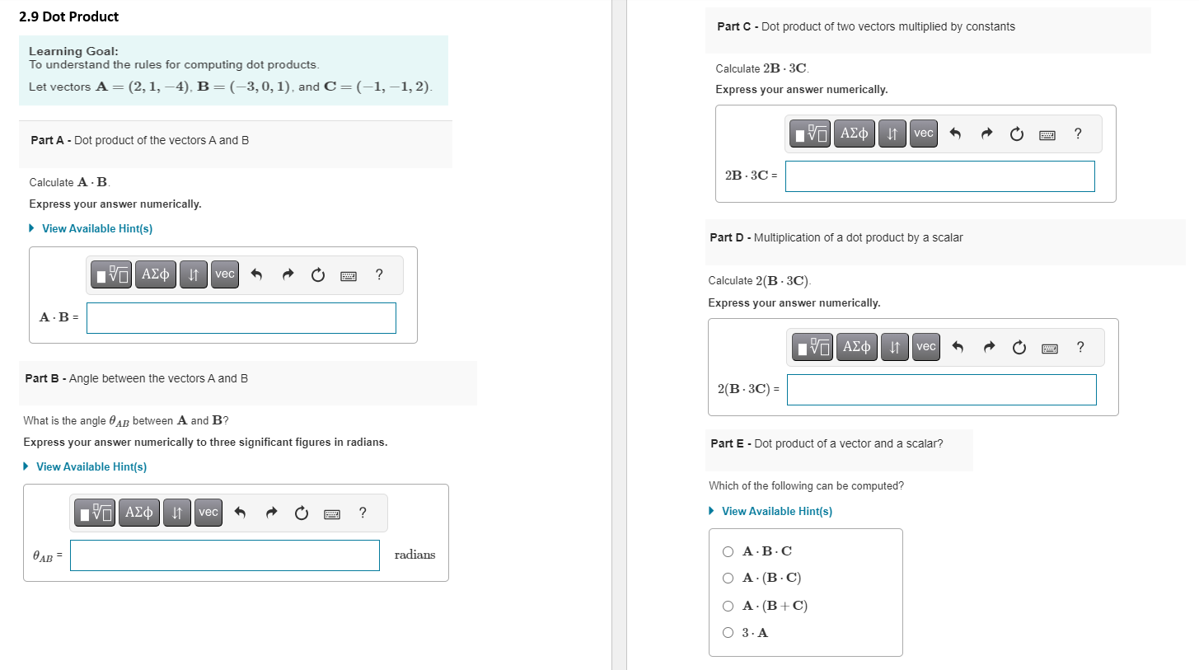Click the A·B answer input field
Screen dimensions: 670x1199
241,318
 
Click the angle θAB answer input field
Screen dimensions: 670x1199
224,555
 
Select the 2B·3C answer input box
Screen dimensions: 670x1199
939,176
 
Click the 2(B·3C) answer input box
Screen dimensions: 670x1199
941,390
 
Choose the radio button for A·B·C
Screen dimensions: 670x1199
728,551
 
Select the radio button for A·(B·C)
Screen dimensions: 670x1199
728,578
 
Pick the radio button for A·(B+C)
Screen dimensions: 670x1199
728,606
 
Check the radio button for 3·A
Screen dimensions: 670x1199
728,633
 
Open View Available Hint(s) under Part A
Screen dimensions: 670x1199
96,228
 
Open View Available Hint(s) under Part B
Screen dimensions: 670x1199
91,466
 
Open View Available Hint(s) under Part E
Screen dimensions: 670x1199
776,511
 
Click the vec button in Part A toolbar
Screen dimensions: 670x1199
224,274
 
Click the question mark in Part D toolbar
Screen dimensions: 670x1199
1080,347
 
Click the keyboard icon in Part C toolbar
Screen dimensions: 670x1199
1047,134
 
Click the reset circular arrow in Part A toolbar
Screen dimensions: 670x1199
318,275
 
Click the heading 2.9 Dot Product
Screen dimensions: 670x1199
68,16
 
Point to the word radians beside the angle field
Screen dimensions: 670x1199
414,555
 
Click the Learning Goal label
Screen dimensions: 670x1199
73,51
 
